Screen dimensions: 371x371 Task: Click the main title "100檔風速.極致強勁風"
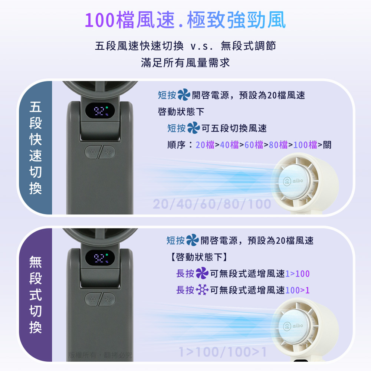pos(185,20)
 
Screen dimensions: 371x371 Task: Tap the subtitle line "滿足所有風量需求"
pos(185,63)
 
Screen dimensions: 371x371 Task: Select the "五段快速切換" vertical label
pos(36,148)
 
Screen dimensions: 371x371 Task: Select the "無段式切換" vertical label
pos(36,295)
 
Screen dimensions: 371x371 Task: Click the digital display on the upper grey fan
pos(100,111)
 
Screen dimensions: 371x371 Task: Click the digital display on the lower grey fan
pos(100,258)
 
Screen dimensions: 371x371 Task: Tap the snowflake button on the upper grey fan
pos(92,152)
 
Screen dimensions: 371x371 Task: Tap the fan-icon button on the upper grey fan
pos(108,152)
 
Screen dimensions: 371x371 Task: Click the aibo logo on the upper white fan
pos(293,181)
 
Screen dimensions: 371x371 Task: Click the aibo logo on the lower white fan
pos(293,326)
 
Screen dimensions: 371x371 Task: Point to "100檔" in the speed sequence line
pos(305,145)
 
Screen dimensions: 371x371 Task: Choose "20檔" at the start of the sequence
pos(205,145)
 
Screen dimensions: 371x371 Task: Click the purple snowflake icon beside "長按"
pos(202,290)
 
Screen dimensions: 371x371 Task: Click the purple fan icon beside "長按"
pos(202,273)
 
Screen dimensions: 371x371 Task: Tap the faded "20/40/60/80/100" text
pos(212,204)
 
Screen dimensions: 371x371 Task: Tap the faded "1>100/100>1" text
pos(223,352)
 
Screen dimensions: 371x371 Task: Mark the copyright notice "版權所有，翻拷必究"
pos(100,355)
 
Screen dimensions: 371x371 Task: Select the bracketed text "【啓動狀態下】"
pos(199,257)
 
